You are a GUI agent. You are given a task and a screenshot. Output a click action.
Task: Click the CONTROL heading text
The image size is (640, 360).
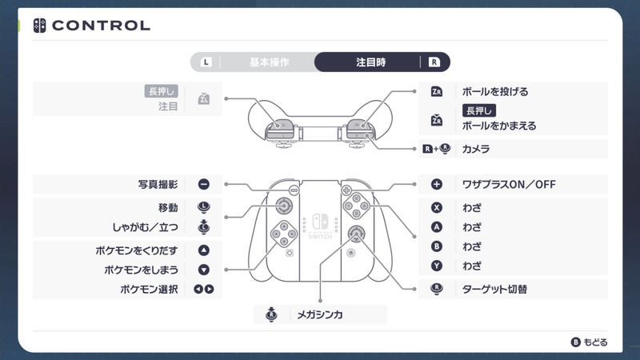[x=101, y=26]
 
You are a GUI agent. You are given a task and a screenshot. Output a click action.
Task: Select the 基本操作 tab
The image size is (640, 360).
[x=269, y=62]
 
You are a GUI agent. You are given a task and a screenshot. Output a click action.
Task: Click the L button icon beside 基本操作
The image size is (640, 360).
[x=207, y=62]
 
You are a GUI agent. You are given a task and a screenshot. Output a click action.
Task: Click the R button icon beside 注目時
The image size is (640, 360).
[x=434, y=62]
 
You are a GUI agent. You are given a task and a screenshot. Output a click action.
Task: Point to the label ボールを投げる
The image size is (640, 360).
[x=495, y=91]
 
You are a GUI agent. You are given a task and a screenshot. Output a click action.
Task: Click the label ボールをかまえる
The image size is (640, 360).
[x=499, y=126]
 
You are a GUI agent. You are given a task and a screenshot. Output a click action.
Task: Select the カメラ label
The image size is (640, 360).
[x=476, y=149]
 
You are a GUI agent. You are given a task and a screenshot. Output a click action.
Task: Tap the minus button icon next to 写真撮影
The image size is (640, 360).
[x=203, y=184]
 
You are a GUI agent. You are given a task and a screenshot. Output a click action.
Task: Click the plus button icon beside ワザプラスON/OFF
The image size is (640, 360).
[x=437, y=184]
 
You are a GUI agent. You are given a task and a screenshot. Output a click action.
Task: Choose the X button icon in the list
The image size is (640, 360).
[x=437, y=207]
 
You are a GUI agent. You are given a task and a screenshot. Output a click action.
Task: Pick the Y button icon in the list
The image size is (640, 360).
[x=437, y=265]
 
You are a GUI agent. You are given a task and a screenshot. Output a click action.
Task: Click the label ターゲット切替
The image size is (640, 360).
[x=494, y=289]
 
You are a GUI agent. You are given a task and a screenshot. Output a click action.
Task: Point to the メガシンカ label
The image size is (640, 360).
[x=319, y=314]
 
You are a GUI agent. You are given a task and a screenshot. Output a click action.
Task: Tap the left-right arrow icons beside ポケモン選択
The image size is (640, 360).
[x=203, y=289]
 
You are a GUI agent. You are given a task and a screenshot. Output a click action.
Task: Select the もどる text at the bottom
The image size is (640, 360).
[x=595, y=342]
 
